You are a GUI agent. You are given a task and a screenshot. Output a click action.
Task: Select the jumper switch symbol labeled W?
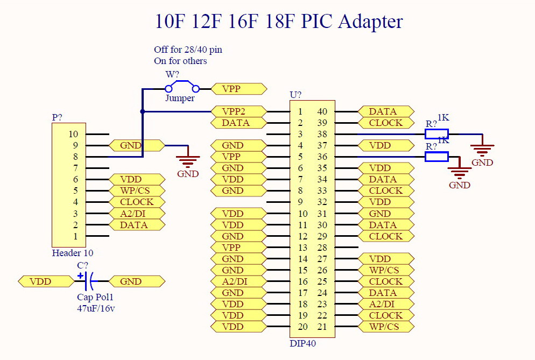[x=182, y=88]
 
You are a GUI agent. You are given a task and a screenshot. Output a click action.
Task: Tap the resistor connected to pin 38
[x=437, y=134]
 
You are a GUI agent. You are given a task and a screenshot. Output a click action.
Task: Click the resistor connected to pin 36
[x=437, y=157]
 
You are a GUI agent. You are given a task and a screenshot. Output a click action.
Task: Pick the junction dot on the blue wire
[x=143, y=112]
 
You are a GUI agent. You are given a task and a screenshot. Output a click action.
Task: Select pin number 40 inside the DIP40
[x=322, y=111]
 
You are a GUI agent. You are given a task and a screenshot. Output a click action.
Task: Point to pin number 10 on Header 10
[x=73, y=134]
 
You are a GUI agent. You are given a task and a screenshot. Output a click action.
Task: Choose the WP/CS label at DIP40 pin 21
[x=385, y=327]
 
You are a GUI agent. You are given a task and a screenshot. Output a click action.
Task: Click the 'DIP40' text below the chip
[x=302, y=343]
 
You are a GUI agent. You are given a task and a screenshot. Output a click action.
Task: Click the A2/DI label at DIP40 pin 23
[x=385, y=304]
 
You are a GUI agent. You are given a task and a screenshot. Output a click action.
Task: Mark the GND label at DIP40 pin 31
[x=385, y=214]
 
